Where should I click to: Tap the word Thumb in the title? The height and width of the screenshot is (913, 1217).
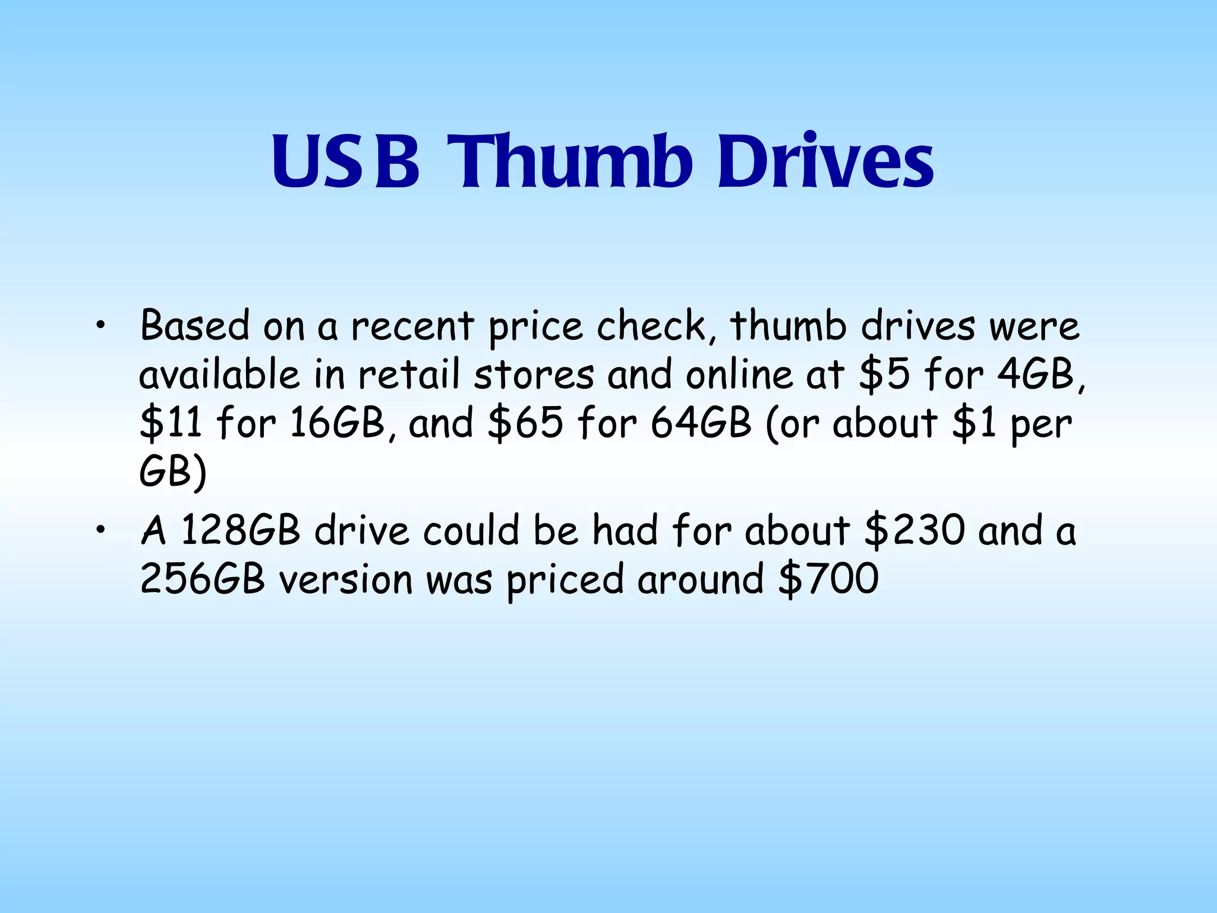point(570,162)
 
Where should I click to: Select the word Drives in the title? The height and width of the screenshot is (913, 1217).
point(825,162)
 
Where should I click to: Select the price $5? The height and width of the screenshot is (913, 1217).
point(884,375)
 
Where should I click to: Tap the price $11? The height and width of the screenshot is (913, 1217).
point(171,423)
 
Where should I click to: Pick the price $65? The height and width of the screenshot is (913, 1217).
point(525,423)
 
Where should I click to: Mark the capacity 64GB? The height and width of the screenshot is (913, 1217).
point(701,423)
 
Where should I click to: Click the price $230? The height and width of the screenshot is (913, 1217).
point(915,530)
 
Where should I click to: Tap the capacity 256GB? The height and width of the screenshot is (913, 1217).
point(202,579)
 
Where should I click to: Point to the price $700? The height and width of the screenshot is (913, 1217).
point(828,579)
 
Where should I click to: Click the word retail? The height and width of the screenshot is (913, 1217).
point(409,375)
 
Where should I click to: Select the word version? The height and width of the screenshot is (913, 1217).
point(346,579)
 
